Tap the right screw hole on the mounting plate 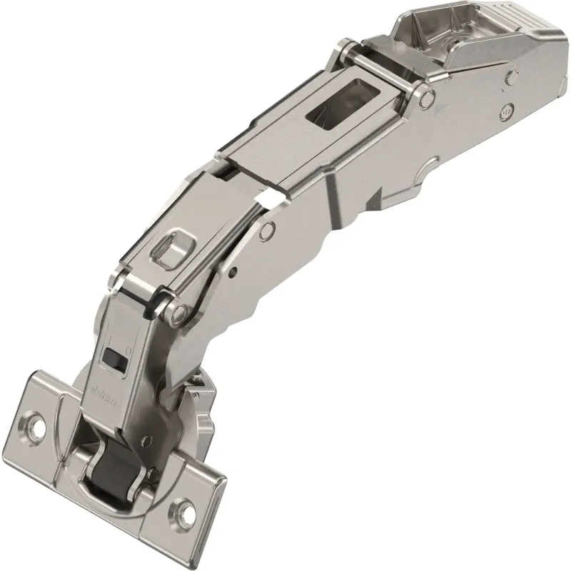click(x=188, y=510)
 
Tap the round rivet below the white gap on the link click(x=268, y=230)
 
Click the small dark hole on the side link click(x=234, y=272)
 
